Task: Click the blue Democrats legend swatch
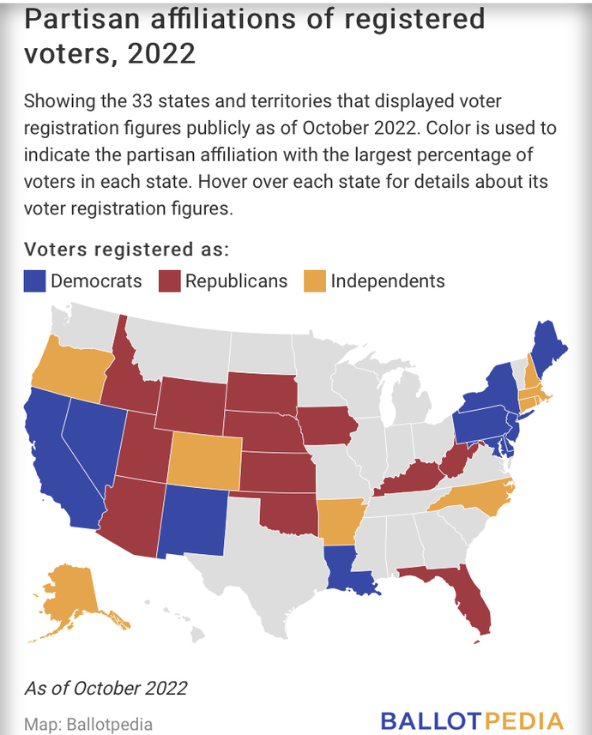34,281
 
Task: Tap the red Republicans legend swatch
169,281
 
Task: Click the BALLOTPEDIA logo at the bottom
472,720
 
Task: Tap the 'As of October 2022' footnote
105,687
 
